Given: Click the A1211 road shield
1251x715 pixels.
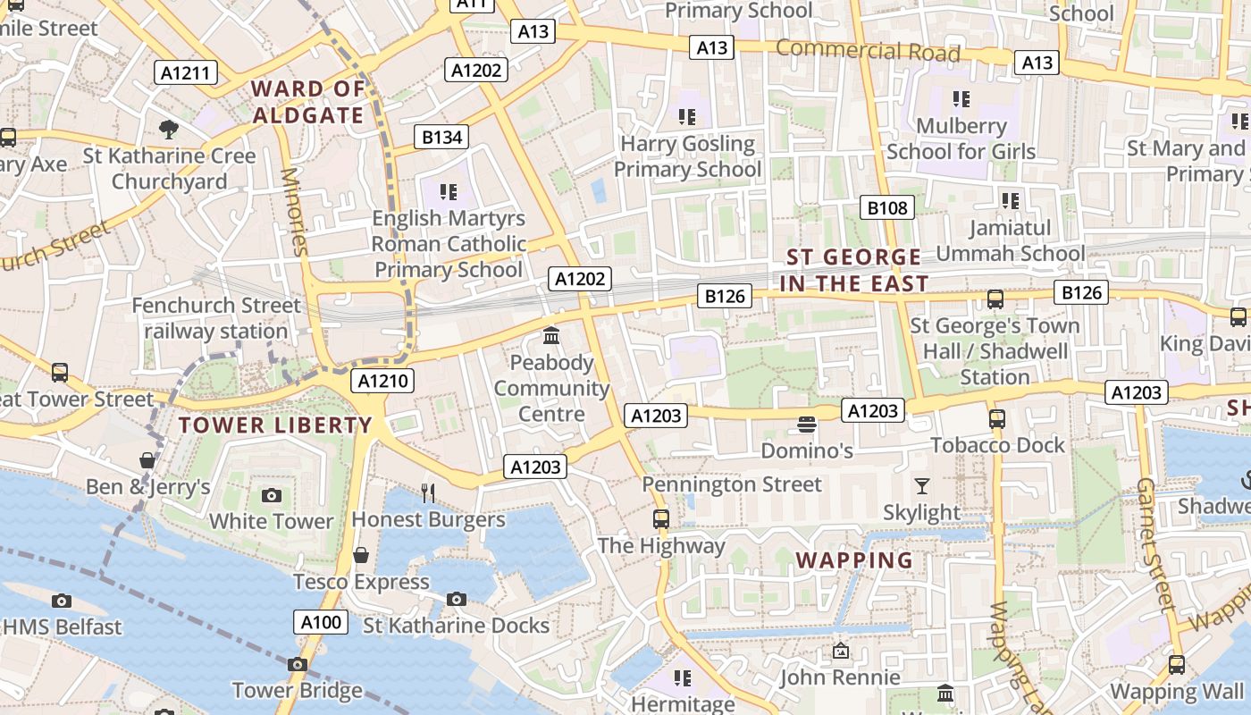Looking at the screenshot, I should (x=186, y=72).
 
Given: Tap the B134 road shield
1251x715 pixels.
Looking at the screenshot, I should (x=441, y=137).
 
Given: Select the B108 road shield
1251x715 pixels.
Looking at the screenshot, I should (x=887, y=208).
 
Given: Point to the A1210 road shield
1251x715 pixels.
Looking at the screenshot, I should (x=382, y=381).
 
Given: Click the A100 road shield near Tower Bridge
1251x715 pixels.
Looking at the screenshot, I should (x=320, y=622).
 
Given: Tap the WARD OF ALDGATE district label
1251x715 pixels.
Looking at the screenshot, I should (x=308, y=102).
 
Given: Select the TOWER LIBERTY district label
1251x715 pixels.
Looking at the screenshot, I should (x=275, y=425).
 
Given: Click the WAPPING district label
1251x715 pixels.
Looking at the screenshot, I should (x=854, y=560).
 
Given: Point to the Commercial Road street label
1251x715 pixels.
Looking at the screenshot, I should (x=868, y=50).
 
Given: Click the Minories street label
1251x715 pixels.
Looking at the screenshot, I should (x=294, y=211).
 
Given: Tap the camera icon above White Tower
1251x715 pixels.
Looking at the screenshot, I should (x=272, y=495).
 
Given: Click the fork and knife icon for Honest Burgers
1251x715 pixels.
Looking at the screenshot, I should (x=428, y=492).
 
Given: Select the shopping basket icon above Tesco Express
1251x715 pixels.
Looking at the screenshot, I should (x=361, y=555).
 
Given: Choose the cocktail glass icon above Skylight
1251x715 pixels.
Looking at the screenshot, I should (x=921, y=486).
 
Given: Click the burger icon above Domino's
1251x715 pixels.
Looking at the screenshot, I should (x=807, y=424).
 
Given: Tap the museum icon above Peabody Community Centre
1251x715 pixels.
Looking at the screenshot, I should (x=551, y=337).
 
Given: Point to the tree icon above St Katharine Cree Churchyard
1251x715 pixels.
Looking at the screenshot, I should (x=168, y=130).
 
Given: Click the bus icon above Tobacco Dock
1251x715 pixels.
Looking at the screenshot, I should (x=997, y=418).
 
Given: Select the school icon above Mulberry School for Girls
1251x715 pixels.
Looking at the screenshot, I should (x=961, y=98).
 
